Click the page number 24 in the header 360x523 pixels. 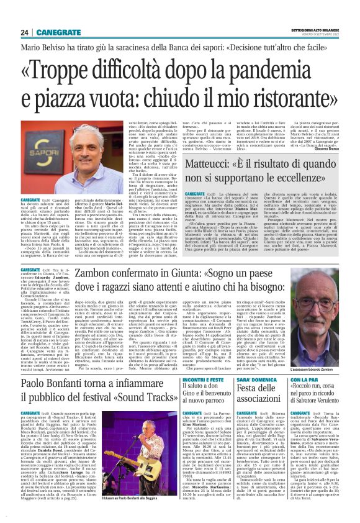coord(25,32)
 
